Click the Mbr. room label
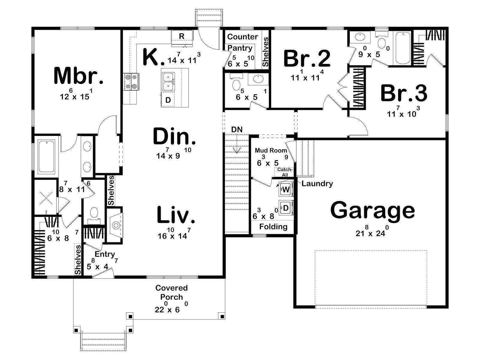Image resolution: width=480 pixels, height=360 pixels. (x=79, y=76)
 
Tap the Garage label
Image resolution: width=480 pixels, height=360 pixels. (x=372, y=210)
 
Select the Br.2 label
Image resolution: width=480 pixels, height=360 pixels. (x=307, y=58)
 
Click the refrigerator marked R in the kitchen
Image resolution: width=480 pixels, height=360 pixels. (x=182, y=38)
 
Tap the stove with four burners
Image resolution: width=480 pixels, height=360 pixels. (x=131, y=82)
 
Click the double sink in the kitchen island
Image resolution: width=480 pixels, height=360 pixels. (x=168, y=81)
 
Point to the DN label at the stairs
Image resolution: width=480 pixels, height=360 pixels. (x=237, y=130)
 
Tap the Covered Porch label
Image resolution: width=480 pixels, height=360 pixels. (x=171, y=292)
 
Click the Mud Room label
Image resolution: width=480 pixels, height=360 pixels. (x=271, y=150)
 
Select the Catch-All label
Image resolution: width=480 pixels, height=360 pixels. (x=285, y=172)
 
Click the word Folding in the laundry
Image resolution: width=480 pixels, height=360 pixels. (x=273, y=227)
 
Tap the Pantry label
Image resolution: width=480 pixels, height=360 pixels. (x=240, y=48)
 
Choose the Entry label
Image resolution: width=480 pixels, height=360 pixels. (x=105, y=254)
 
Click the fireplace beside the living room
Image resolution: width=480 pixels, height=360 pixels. (x=115, y=225)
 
